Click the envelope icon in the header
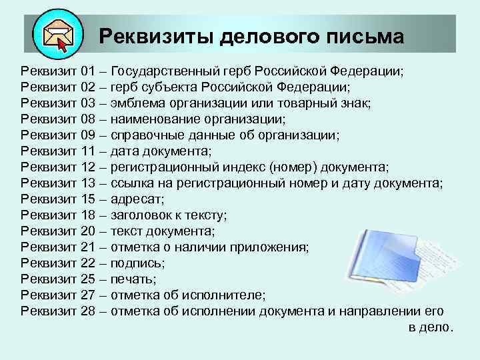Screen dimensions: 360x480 coord(57,35)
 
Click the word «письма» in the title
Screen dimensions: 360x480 coord(365,36)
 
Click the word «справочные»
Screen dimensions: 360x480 coord(146,135)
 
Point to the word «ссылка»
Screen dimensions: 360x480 coord(131,183)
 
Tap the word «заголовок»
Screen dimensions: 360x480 coord(139,215)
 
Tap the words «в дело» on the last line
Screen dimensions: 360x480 coord(429,327)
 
